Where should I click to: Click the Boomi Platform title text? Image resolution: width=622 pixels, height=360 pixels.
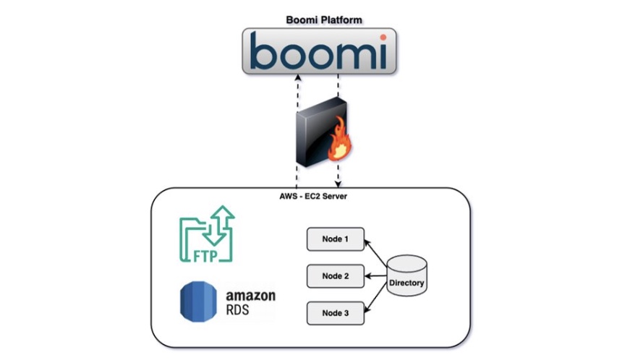coord(324,20)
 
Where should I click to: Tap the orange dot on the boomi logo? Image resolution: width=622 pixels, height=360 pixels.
coord(383,38)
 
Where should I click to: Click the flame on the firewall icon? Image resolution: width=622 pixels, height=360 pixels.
coord(339,139)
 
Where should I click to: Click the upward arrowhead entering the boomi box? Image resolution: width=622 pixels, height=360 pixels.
coord(298,77)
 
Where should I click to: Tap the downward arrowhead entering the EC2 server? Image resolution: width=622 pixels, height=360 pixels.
coord(338,184)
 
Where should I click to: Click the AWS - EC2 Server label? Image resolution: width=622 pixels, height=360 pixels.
coord(313,196)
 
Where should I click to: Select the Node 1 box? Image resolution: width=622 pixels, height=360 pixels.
coord(335,239)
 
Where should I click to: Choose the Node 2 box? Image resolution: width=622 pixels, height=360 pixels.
coord(335,276)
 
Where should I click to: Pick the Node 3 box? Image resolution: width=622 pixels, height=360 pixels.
coord(335,313)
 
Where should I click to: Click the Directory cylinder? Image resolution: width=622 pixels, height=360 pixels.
coord(406,275)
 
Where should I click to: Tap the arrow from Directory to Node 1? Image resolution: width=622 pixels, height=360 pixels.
coord(375,252)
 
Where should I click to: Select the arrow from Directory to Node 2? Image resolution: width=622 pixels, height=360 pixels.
coord(375,276)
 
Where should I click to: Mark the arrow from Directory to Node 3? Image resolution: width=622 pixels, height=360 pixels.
coord(375,298)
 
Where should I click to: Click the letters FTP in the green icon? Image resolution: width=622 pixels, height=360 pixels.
coord(205,256)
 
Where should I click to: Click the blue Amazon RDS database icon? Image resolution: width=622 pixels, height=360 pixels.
coord(198,301)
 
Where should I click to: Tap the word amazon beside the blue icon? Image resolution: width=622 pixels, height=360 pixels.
coord(251,296)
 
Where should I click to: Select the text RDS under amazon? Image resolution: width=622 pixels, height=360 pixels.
coord(238,309)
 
